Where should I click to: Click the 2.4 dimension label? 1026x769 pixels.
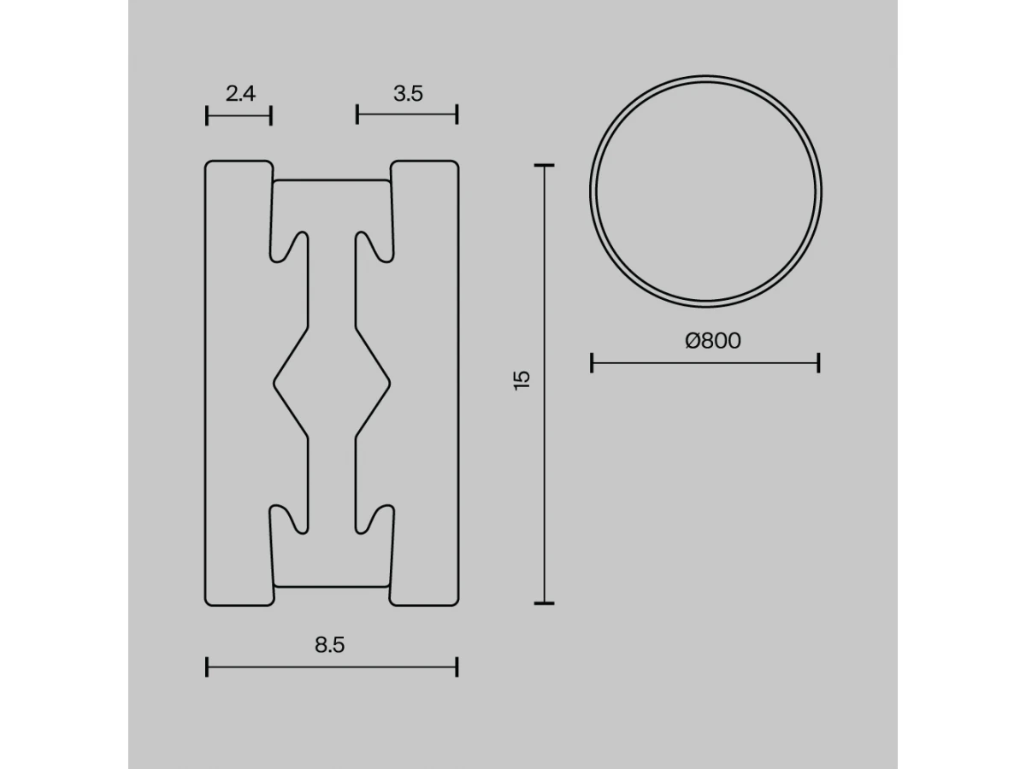(240, 93)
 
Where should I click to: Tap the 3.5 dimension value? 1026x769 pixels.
(408, 93)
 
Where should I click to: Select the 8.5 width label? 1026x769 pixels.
(329, 645)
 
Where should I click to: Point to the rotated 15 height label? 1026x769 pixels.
(522, 380)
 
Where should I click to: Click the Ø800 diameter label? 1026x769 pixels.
(713, 340)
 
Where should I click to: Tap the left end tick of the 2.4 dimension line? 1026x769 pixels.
(207, 115)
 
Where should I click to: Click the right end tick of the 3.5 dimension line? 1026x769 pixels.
(457, 114)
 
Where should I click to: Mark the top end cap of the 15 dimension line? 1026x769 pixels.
(544, 165)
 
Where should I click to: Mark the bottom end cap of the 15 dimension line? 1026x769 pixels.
(544, 603)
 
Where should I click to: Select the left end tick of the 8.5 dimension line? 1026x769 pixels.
(207, 666)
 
